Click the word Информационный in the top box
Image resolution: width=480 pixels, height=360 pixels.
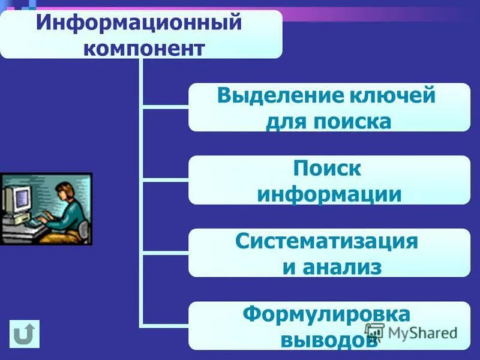point(139,24)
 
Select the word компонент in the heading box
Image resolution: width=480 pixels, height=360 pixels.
point(143,47)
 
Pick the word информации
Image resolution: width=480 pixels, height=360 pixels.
point(329,194)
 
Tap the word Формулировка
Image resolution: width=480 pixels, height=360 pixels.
point(326,314)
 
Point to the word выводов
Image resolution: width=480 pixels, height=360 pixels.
point(329,340)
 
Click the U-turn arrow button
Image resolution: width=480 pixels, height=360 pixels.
point(25,334)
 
